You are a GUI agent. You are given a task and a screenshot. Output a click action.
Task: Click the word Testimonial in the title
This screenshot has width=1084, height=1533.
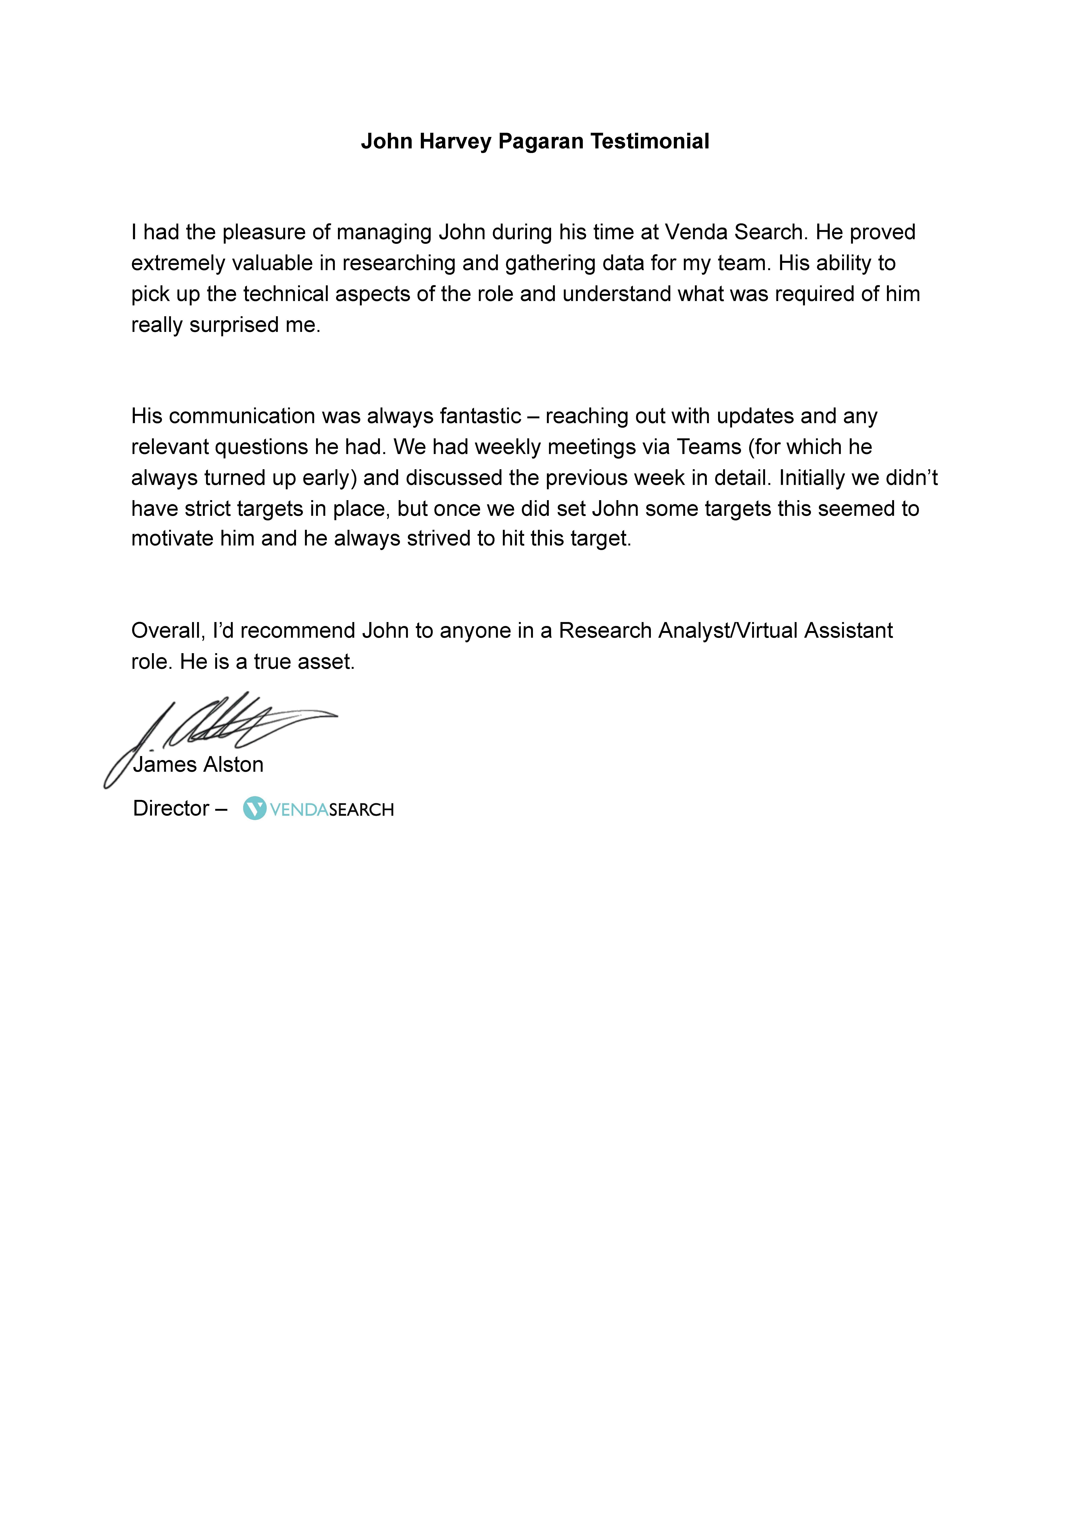(x=649, y=142)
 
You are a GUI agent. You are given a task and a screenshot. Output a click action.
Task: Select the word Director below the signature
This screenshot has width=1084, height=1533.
(x=171, y=809)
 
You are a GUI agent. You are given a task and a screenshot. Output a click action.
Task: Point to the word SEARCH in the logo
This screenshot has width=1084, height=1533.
(x=361, y=810)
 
